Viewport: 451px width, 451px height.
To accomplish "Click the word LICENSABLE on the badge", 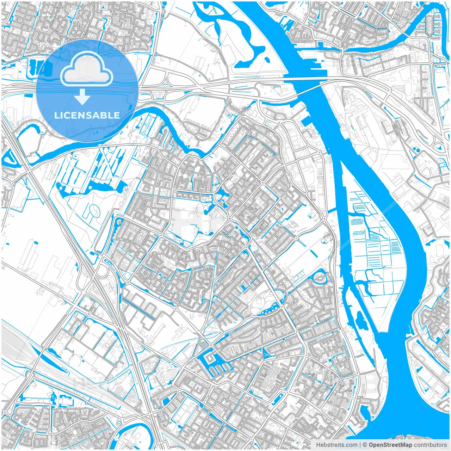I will pos(87,115).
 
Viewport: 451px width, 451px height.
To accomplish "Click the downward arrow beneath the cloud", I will pos(82,97).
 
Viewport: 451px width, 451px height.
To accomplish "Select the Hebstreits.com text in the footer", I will pos(336,445).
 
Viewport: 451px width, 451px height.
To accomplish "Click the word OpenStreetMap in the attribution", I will pos(390,445).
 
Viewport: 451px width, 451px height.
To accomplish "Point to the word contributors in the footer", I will pos(430,445).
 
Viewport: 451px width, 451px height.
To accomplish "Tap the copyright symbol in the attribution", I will pos(365,445).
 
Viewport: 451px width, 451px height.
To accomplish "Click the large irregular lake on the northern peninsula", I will pos(247,39).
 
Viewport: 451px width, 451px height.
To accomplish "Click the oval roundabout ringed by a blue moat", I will pos(320,278).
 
